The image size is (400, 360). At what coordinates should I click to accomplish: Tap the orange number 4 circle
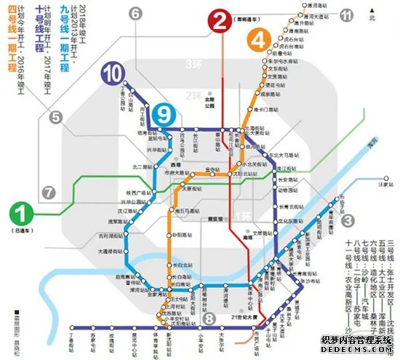(259, 41)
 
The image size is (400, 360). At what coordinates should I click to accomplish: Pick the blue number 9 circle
(165, 113)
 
